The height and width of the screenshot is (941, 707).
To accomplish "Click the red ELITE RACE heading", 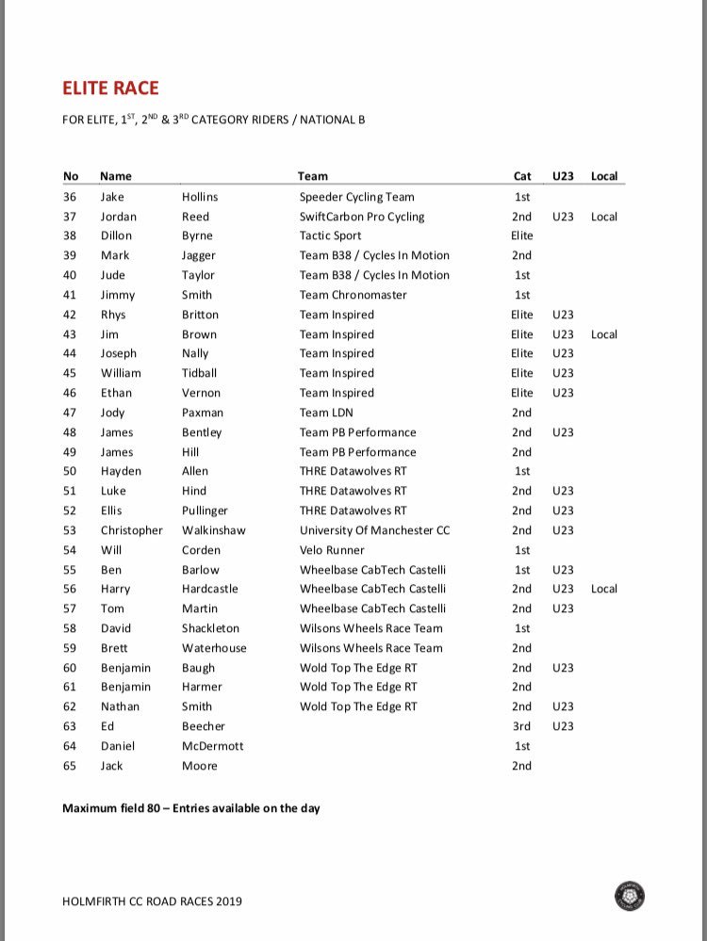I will [110, 89].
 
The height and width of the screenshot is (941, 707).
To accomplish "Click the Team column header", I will [313, 176].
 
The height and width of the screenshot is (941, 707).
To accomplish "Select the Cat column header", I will [521, 176].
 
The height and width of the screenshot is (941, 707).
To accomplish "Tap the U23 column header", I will [563, 176].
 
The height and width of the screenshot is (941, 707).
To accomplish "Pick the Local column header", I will [603, 176].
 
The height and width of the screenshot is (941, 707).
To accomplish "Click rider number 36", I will [70, 197].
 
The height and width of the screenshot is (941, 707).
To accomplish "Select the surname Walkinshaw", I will [213, 530].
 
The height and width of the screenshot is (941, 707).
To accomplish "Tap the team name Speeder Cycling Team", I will [356, 197].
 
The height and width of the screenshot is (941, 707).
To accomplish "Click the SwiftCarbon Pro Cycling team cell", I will [362, 217].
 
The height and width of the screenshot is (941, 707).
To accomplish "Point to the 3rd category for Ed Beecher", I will [521, 726].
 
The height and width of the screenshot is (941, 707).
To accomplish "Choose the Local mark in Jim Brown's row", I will [603, 334].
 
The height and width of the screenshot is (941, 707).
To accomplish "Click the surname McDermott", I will [212, 746].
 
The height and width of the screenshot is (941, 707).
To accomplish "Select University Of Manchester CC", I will [374, 530].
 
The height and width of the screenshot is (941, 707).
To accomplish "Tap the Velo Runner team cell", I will [332, 550].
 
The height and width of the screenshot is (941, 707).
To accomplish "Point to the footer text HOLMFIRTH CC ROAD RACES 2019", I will [152, 901].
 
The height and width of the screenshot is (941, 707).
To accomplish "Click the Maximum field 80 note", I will [190, 808].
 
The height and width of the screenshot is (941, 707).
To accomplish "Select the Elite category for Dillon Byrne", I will [521, 235].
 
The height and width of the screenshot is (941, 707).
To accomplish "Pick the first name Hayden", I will [121, 471].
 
